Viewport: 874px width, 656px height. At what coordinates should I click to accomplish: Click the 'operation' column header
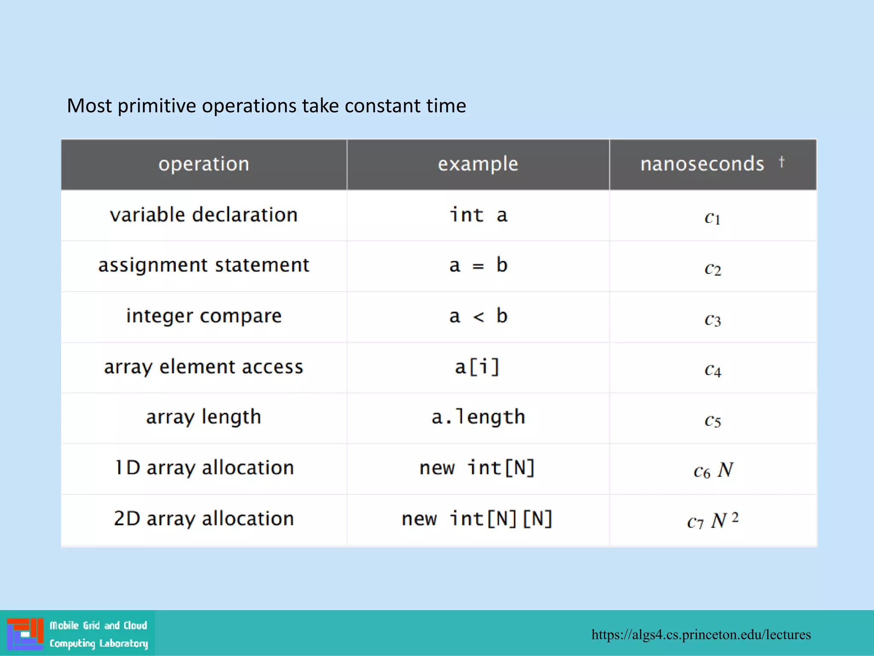204,164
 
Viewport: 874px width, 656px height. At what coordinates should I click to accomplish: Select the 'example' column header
478,164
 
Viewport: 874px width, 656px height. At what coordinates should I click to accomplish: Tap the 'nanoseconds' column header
702,164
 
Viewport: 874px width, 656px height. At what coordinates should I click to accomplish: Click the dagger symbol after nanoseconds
781,162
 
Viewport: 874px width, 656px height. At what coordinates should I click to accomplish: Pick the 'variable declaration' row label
204,215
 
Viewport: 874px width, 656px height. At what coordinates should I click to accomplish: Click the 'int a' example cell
478,215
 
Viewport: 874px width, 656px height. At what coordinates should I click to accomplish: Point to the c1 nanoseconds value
712,218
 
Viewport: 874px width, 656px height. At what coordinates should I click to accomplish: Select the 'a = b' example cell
478,266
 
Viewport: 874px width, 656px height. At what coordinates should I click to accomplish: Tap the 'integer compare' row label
204,316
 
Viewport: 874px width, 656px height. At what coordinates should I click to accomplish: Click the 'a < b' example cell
478,316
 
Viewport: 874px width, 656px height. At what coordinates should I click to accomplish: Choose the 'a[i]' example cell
477,367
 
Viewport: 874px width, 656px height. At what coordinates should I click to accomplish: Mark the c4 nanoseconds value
712,370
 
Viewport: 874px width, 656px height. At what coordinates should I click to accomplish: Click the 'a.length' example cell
478,417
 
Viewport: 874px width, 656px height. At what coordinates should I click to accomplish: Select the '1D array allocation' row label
204,468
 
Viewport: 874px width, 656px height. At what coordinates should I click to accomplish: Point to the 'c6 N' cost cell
713,471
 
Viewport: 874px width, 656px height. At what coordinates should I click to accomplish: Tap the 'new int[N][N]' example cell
477,519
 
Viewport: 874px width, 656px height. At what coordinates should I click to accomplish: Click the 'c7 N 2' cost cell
712,521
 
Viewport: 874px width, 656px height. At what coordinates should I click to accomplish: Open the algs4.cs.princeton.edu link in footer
701,635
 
